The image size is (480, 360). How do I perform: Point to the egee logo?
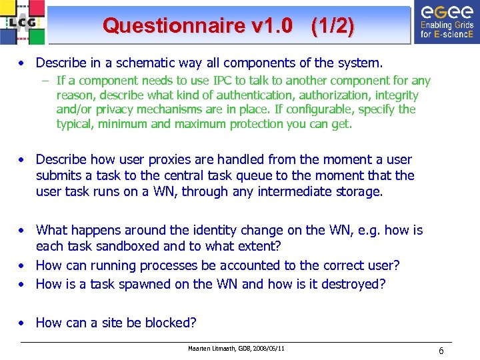pos(444,21)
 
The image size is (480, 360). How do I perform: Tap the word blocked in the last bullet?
pos(173,323)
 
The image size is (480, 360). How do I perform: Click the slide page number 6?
pos(441,351)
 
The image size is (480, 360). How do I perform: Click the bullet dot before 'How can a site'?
pos(23,323)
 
